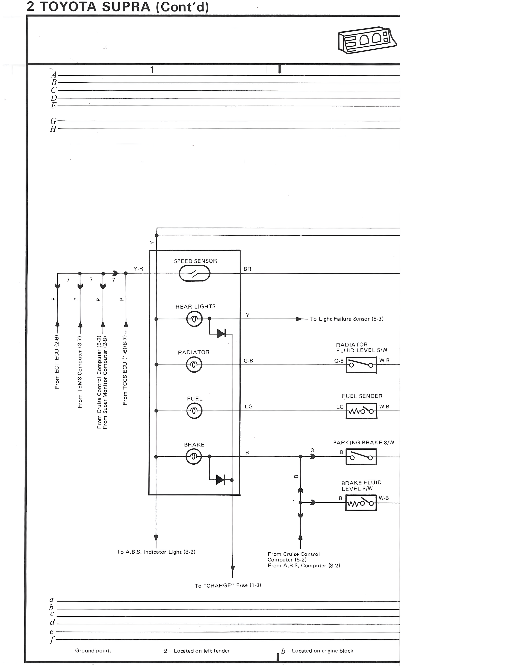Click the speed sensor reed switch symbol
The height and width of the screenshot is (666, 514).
[x=195, y=273]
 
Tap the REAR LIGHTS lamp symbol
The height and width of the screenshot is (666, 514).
[x=194, y=319]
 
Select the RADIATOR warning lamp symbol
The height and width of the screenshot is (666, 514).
[x=194, y=365]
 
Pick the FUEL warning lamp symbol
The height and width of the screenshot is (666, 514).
[x=194, y=411]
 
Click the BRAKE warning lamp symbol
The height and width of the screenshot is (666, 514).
[x=194, y=457]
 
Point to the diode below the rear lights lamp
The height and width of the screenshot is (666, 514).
[x=221, y=334]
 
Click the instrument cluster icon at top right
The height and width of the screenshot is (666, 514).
[x=367, y=41]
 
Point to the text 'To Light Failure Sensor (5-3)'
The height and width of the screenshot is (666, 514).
[x=347, y=319]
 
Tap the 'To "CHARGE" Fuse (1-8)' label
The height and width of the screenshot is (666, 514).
[x=228, y=585]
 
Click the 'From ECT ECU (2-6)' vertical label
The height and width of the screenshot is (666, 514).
[x=57, y=362]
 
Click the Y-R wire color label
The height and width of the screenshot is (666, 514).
[x=138, y=269]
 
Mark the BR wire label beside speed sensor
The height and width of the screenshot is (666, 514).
[x=247, y=269]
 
